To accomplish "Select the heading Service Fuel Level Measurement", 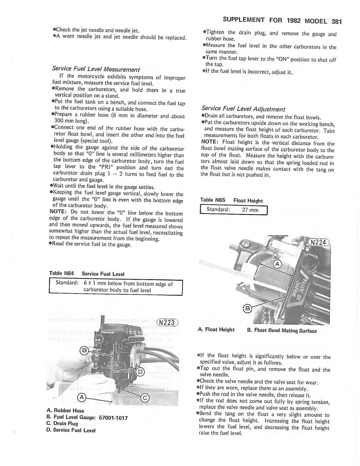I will tap(96, 69).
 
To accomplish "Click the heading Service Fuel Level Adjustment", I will tap(243, 109).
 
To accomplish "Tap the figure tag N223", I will tap(167, 323).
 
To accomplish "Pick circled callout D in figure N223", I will tap(141, 372).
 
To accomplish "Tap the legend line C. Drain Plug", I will tap(62, 424).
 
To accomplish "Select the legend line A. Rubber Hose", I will tap(65, 410).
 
